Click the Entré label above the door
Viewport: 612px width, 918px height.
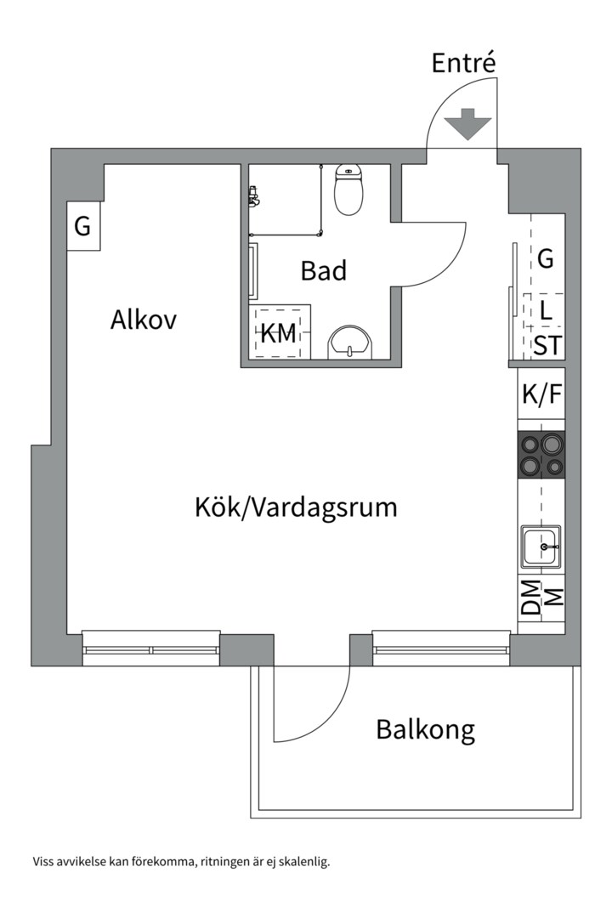pos(462,64)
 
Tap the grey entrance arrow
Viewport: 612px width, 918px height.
pos(468,124)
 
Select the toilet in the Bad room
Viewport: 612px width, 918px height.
pos(348,191)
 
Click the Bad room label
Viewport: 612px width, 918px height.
pos(324,271)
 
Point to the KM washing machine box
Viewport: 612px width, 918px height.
pos(279,333)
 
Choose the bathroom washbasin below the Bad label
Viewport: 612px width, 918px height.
pos(348,342)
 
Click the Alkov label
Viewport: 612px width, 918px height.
pos(143,320)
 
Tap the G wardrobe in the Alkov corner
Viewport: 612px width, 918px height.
pos(82,226)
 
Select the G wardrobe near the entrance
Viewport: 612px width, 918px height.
pos(546,258)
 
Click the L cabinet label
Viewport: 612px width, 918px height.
pos(547,310)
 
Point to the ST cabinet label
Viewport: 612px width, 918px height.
pos(547,345)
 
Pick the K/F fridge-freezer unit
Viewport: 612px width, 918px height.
pos(541,394)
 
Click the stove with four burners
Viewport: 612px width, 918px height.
pos(541,455)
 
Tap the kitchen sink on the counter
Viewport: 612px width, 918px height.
pos(541,546)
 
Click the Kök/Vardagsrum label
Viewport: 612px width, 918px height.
pos(296,508)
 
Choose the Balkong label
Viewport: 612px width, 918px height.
pos(425,729)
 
